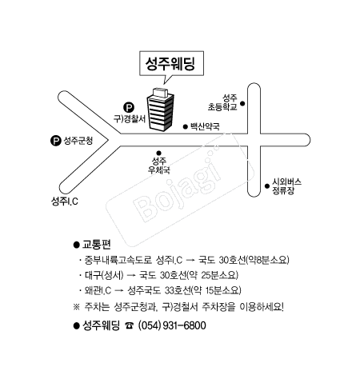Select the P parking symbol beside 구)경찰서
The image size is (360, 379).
click(127, 106)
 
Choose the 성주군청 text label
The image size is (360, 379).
click(78, 141)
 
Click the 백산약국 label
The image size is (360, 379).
click(204, 126)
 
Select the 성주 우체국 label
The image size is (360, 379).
click(160, 166)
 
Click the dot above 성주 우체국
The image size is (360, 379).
click(159, 153)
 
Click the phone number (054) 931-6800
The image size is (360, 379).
click(172, 325)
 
